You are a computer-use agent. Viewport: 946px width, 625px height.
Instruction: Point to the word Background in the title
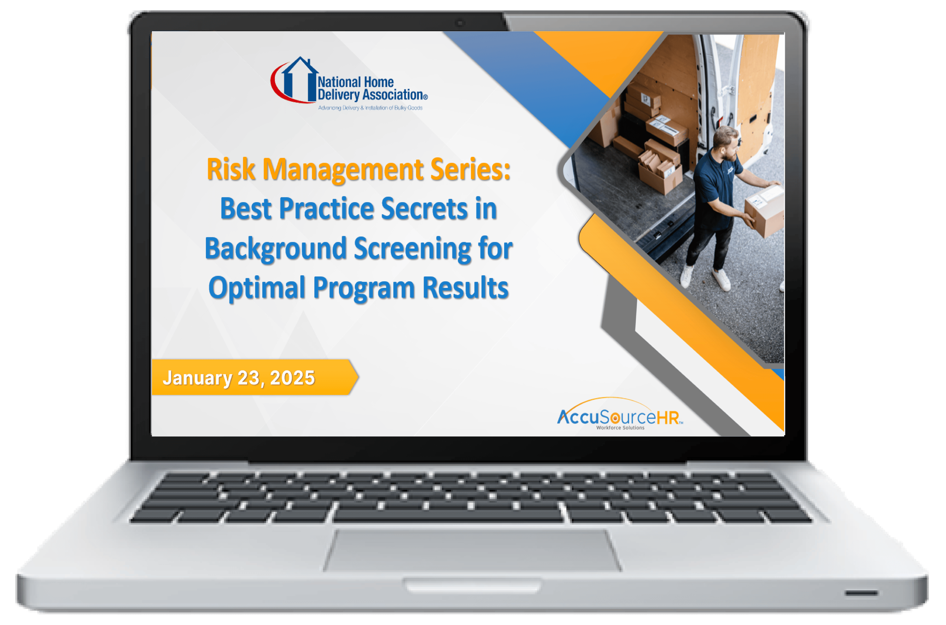(275, 248)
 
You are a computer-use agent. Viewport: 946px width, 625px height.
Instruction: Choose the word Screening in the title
(412, 248)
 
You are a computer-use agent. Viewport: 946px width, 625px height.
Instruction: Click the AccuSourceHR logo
(620, 417)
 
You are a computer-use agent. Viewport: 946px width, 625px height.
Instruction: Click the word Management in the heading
(343, 169)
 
